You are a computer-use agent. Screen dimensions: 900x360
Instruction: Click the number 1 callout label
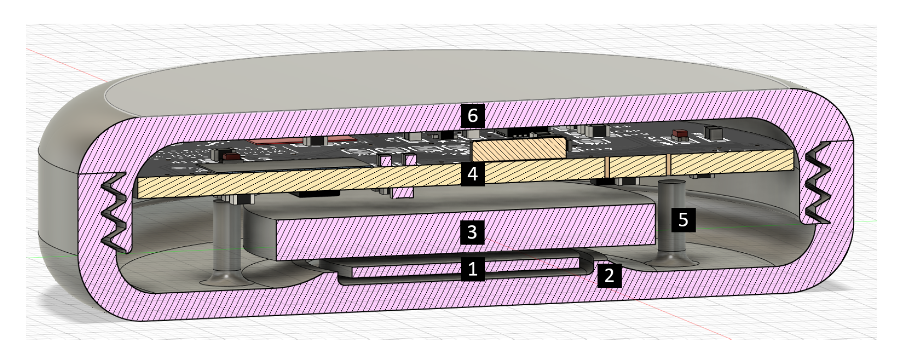472,269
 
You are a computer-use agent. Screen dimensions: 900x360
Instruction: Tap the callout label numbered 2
609,275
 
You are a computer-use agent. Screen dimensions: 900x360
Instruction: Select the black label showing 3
472,232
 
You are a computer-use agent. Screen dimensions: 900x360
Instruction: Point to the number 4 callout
472,174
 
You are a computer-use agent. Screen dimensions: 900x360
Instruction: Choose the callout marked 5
683,219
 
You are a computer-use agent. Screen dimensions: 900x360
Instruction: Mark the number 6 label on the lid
473,116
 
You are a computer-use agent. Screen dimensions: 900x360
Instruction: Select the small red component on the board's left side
231,157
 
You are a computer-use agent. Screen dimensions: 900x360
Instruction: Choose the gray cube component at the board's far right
712,132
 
